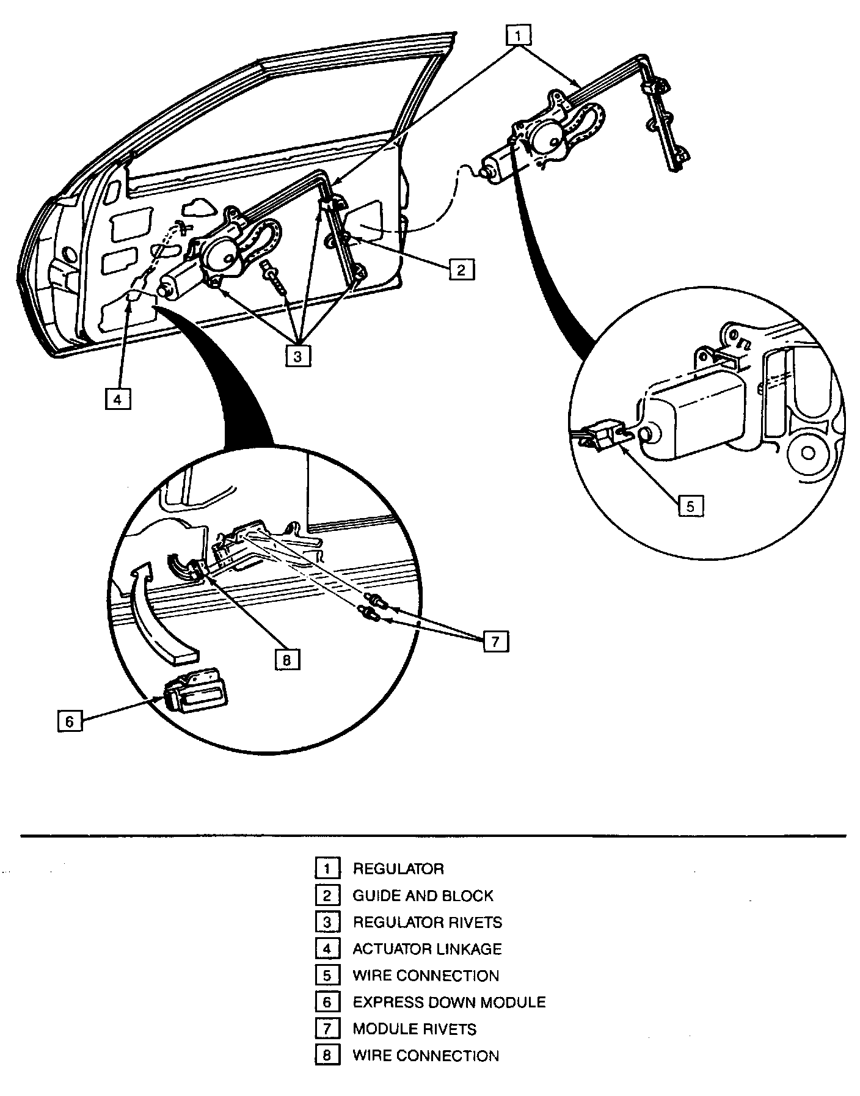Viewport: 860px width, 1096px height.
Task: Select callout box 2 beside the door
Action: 461,269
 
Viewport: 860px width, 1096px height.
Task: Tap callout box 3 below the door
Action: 297,356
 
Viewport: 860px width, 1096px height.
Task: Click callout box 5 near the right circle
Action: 690,506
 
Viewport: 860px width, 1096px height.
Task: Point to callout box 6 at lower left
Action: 70,721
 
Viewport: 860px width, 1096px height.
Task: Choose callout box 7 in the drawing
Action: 495,641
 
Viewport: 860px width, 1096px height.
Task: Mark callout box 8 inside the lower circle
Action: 287,659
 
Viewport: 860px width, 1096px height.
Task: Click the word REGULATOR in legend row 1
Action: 398,869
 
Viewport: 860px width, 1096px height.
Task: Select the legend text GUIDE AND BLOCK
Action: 423,896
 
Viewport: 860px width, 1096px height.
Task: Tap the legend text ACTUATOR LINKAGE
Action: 427,949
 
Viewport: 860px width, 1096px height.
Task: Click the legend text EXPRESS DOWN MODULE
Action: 449,1003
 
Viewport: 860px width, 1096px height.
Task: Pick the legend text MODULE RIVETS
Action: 414,1029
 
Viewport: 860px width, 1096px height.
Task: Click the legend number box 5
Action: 327,976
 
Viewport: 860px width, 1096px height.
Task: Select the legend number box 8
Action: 327,1056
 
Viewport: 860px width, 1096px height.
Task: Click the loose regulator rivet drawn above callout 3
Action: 274,278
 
